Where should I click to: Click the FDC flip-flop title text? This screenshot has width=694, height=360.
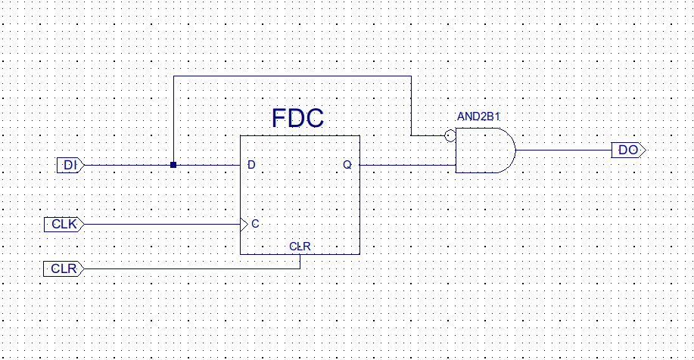(x=297, y=119)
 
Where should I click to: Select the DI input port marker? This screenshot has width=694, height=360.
(x=70, y=164)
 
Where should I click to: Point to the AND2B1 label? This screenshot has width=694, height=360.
(x=479, y=117)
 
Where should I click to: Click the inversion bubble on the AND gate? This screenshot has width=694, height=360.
(x=450, y=136)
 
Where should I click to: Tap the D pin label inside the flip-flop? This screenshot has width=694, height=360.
(x=251, y=164)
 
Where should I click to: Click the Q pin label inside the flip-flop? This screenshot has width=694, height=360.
(x=347, y=164)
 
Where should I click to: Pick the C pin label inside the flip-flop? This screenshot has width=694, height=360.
(x=256, y=224)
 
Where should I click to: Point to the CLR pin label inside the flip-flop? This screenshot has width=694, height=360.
(x=300, y=247)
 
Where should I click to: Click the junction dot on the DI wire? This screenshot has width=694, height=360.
(x=173, y=164)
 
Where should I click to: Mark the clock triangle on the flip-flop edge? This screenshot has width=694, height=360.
(x=244, y=224)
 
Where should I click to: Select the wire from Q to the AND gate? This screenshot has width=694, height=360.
(x=407, y=164)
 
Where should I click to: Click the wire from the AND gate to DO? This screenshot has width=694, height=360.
(x=564, y=150)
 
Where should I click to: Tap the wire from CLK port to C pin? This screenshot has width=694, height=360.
(x=159, y=224)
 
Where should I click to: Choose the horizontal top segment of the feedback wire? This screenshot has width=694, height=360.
(x=291, y=76)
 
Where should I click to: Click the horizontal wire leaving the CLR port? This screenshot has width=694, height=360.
(x=189, y=268)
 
